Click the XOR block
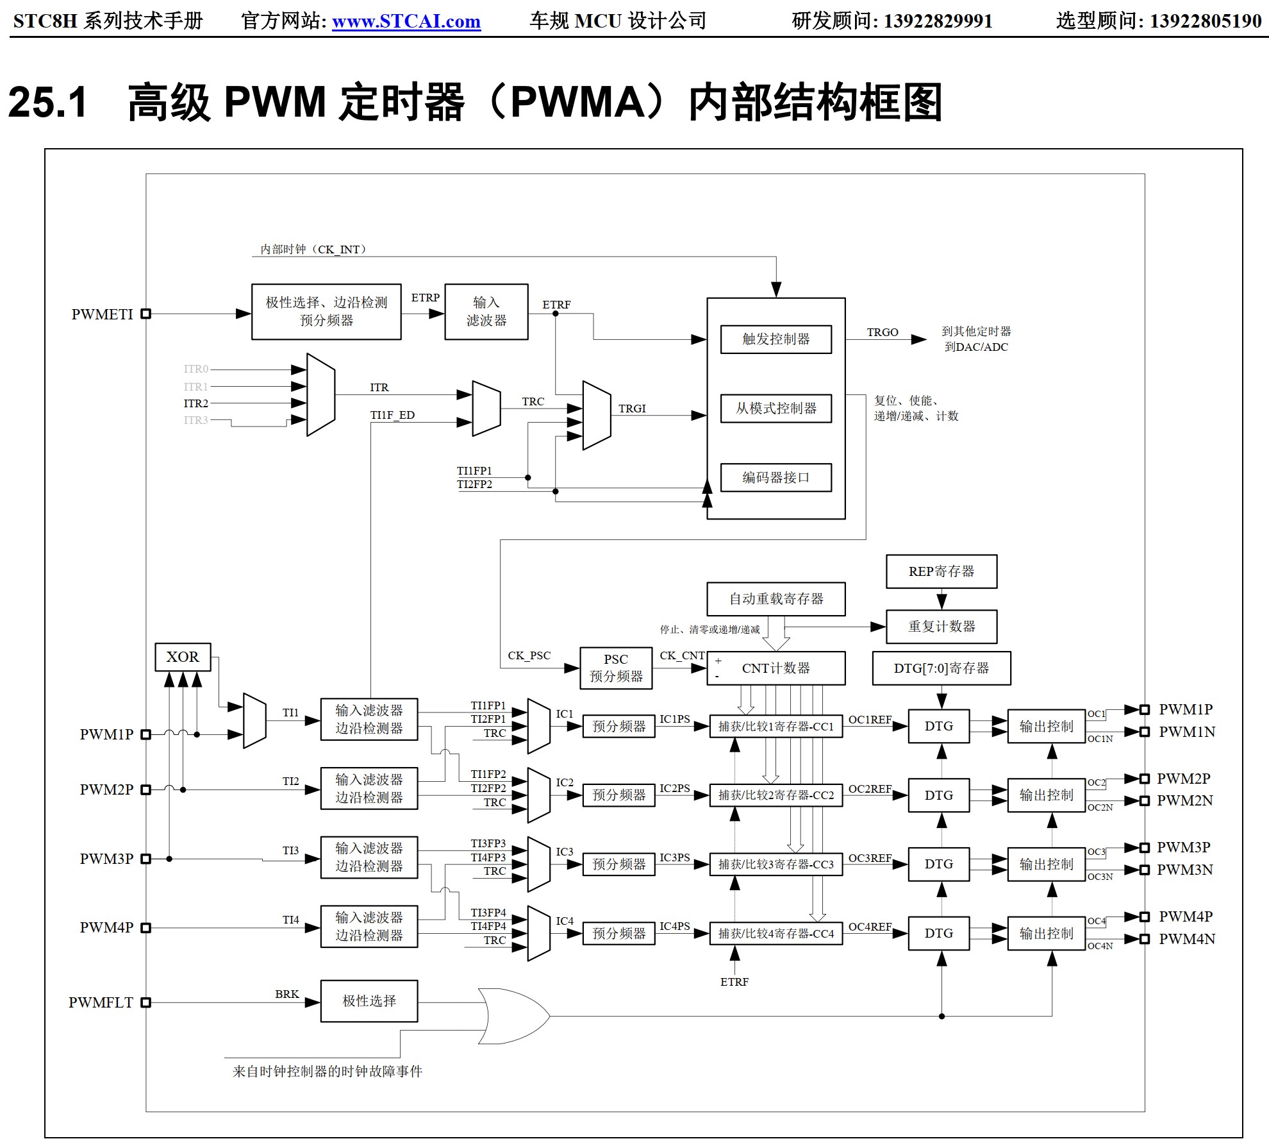183,657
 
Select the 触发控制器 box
775,339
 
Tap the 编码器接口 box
775,478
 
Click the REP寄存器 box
941,571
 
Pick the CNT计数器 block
775,668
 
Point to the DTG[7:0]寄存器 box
941,668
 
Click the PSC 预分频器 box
616,668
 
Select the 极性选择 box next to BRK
369,1001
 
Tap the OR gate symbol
513,1017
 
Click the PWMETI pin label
102,314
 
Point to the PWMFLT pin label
101,1002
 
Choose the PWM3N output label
1184,870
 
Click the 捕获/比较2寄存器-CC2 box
775,795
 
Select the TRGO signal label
883,332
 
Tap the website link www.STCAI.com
406,21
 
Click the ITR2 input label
195,403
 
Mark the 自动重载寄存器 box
775,599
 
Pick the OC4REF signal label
870,927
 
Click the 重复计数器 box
941,627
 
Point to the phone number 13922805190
1205,21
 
